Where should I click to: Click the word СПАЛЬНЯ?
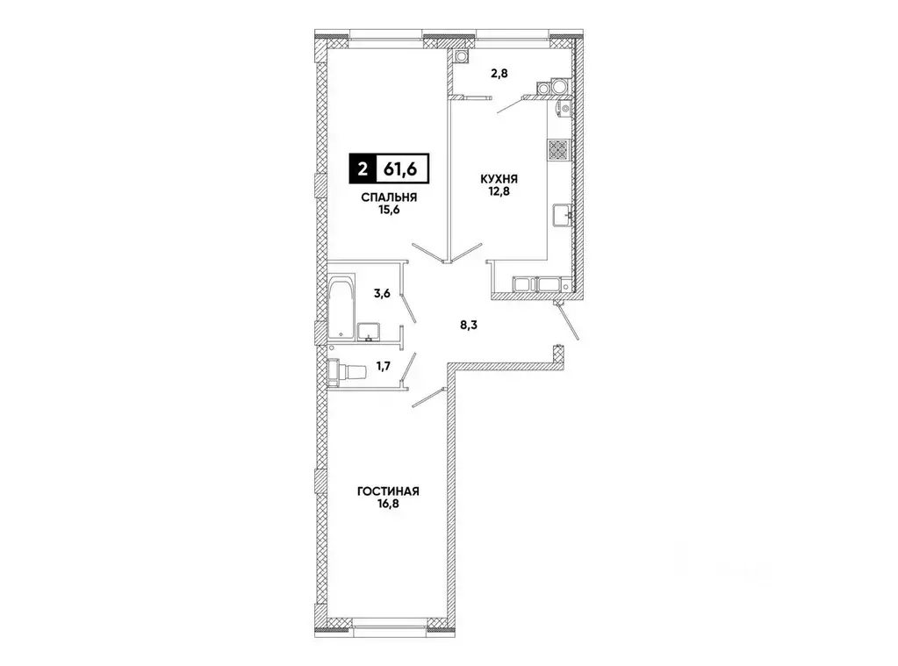click(386, 197)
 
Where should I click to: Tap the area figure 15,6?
click(386, 211)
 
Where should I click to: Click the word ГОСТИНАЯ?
click(386, 492)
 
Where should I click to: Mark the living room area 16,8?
click(386, 506)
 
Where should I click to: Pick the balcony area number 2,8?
click(499, 74)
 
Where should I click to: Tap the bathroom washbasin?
click(370, 330)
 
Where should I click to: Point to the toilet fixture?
click(344, 372)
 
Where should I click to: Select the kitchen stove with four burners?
click(558, 149)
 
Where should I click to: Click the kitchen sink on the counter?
click(562, 212)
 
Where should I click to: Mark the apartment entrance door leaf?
click(568, 322)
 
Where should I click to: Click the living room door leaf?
click(429, 397)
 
